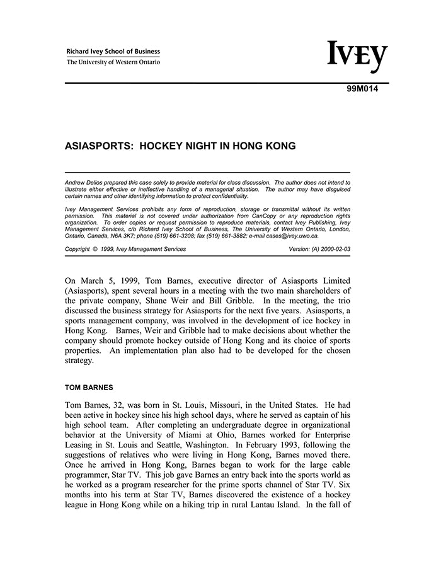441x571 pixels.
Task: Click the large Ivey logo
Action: point(357,57)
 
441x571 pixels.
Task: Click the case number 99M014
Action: point(362,89)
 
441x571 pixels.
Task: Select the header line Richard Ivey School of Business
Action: point(113,52)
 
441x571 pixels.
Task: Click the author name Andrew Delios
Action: point(86,183)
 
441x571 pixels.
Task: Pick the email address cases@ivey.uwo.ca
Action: point(291,236)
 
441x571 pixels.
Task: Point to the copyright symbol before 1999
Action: point(95,250)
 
